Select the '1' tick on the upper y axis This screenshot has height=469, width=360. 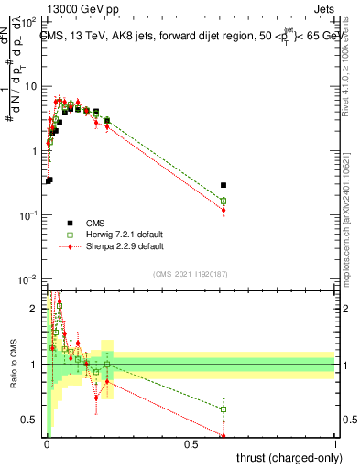(35, 150)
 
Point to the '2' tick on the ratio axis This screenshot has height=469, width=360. (36, 308)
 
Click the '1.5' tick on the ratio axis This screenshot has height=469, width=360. (32, 336)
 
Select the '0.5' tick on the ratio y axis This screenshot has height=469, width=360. (32, 420)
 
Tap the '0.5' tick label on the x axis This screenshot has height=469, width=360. (191, 444)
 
